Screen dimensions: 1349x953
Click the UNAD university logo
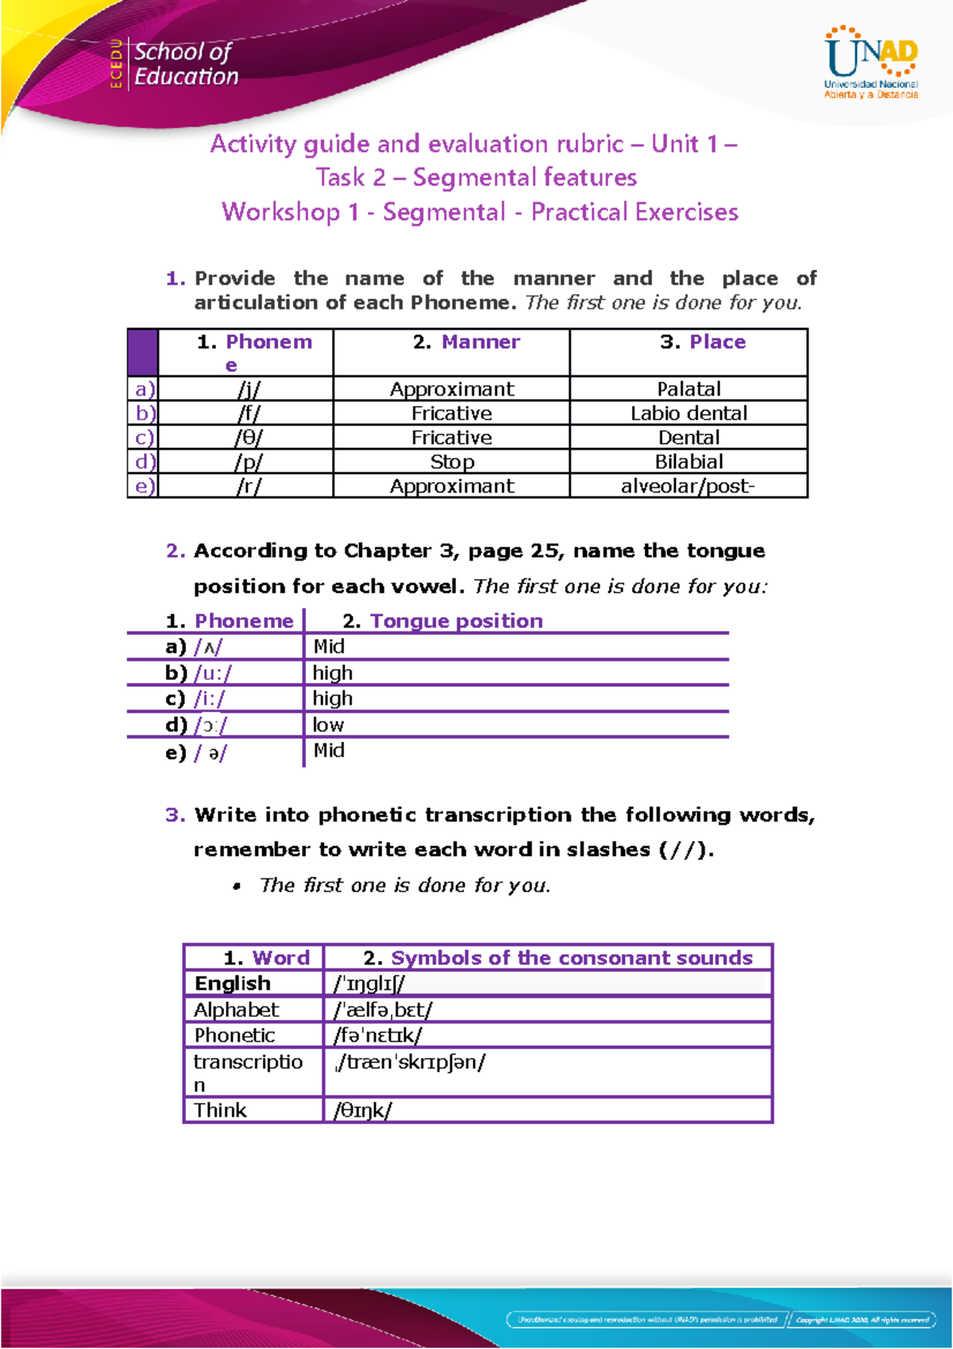click(871, 63)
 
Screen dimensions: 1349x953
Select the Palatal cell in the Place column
click(689, 389)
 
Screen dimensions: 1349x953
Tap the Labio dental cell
click(689, 414)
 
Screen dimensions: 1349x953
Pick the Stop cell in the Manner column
click(452, 462)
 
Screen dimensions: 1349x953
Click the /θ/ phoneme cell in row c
click(249, 438)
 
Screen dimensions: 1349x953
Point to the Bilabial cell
click(689, 462)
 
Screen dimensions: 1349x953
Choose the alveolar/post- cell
click(688, 486)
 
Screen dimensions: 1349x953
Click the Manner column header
click(466, 342)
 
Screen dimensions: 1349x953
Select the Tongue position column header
click(443, 621)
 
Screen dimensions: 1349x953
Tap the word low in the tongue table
click(328, 725)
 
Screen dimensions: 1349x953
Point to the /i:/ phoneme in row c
click(210, 699)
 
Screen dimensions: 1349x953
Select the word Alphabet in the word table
click(236, 1010)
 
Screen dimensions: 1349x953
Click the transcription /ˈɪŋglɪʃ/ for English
click(369, 984)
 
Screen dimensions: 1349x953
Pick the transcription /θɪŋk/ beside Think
click(363, 1111)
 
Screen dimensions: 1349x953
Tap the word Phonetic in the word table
click(234, 1036)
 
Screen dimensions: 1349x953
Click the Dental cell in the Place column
click(689, 438)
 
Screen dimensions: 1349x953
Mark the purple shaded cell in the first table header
click(143, 352)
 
